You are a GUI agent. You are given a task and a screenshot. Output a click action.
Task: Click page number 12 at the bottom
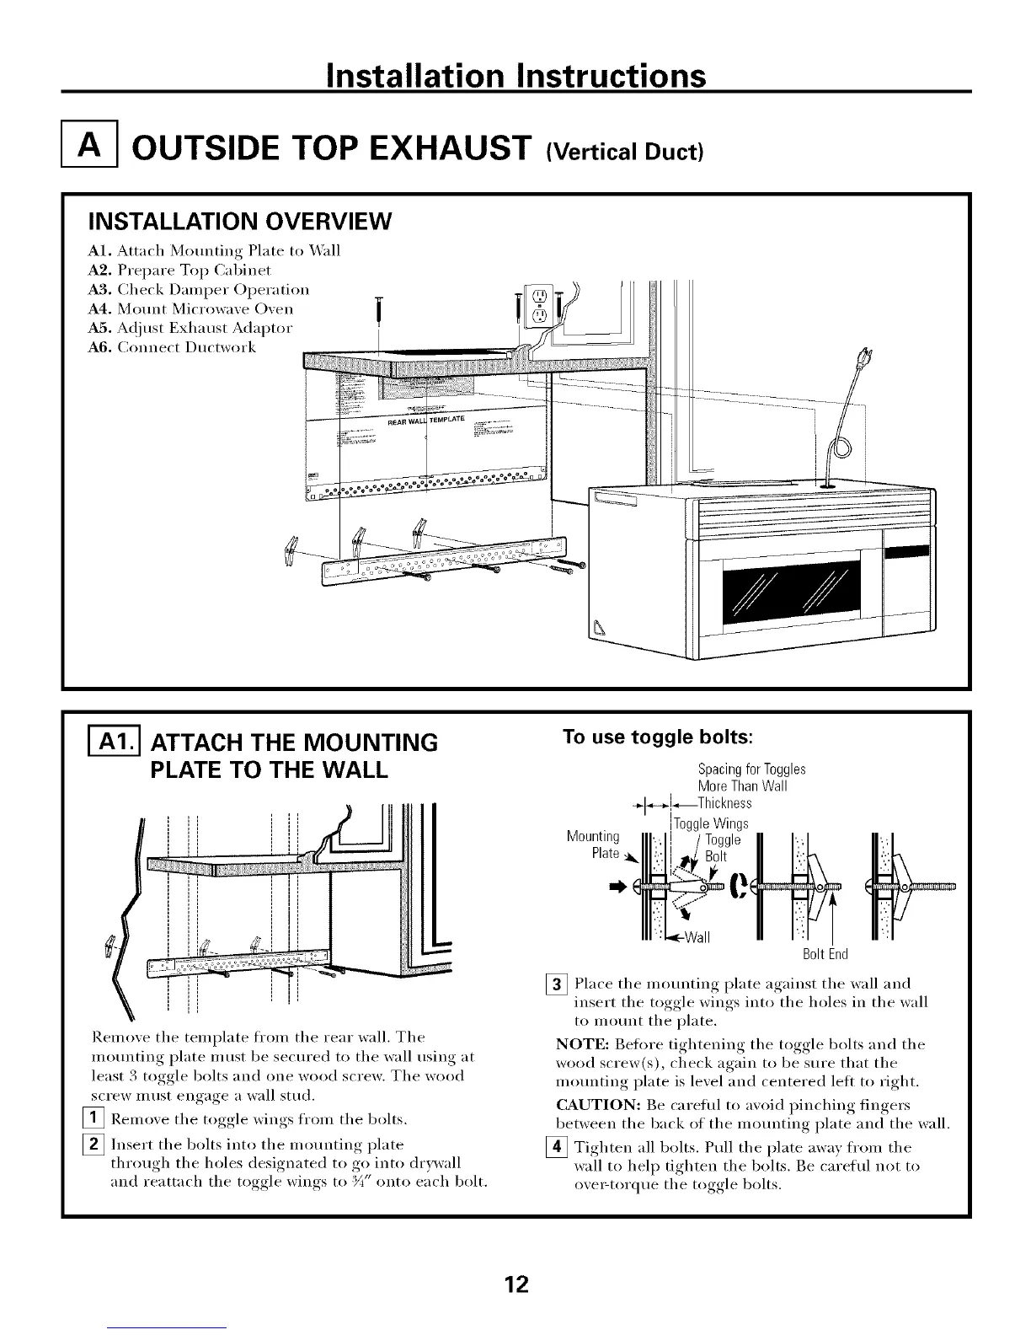click(515, 1284)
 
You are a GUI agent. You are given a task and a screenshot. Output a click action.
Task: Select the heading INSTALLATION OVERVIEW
click(240, 222)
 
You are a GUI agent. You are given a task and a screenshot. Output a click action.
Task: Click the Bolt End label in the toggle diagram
click(825, 954)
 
